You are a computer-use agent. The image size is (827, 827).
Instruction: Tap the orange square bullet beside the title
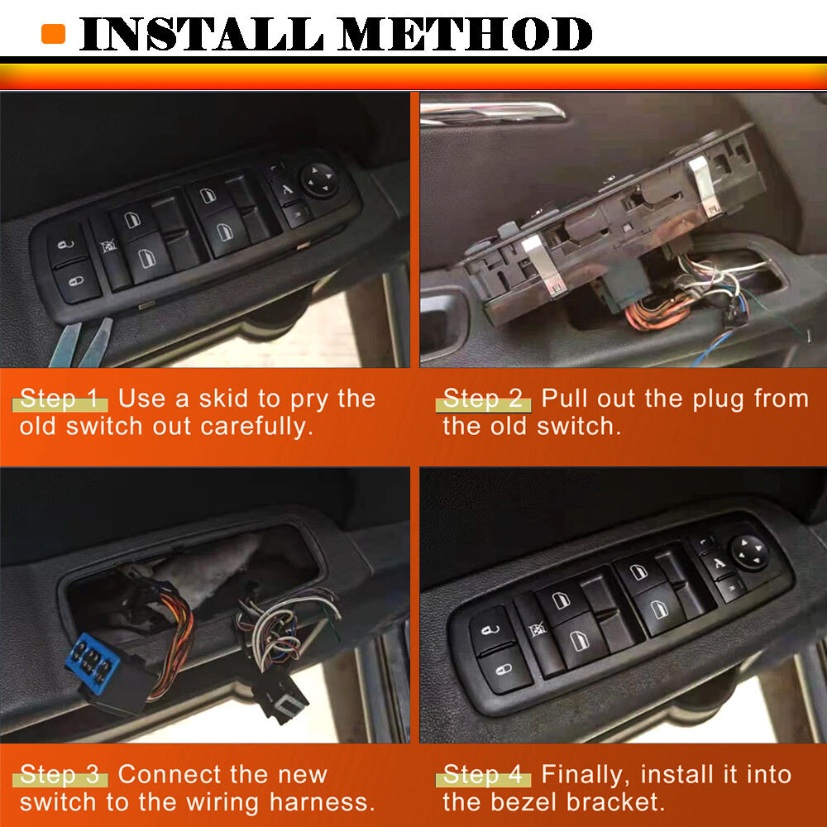pyautogui.click(x=53, y=34)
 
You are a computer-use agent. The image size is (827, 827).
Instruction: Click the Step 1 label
pyautogui.click(x=60, y=399)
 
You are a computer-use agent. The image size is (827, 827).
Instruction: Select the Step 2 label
pyautogui.click(x=484, y=399)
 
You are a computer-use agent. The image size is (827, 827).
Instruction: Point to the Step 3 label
pyautogui.click(x=60, y=775)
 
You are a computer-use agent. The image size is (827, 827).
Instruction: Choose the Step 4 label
pyautogui.click(x=484, y=775)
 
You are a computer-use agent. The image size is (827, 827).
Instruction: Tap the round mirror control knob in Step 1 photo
pyautogui.click(x=318, y=179)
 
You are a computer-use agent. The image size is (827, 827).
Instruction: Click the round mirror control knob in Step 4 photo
pyautogui.click(x=749, y=552)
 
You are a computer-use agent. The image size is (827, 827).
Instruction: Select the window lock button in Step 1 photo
pyautogui.click(x=106, y=246)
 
